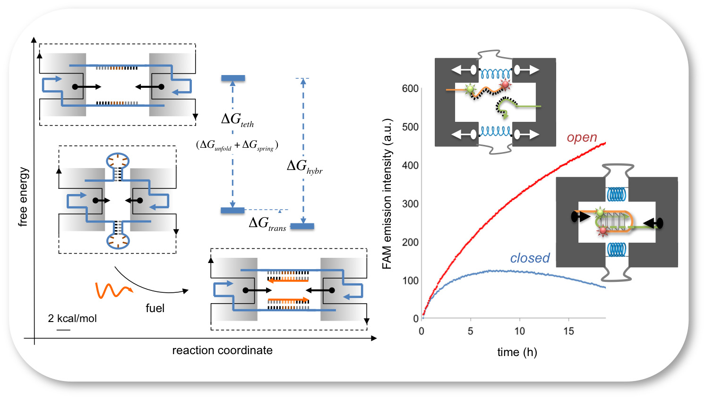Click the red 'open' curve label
point(582,137)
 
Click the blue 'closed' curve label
point(530,258)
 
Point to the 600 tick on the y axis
point(410,89)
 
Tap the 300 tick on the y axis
point(410,204)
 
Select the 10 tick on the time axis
point(519,331)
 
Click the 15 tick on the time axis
point(568,331)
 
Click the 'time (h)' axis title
point(517,352)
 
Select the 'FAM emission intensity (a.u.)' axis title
point(387,194)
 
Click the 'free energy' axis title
point(23,197)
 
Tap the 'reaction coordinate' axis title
point(222,350)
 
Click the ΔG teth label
point(237,119)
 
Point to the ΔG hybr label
point(304,166)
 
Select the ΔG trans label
point(267,223)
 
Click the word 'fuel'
point(155,308)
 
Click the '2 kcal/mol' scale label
point(72,319)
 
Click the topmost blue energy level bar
point(233,78)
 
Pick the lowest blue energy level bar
point(302,226)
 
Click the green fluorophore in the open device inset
point(470,89)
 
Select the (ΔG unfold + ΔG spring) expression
point(237,145)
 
